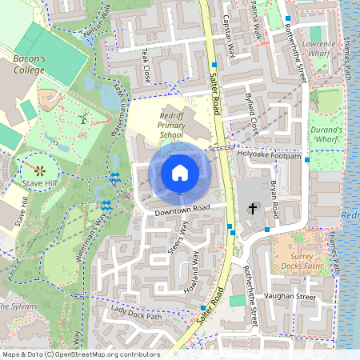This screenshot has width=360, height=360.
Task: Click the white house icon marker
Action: click(179, 173)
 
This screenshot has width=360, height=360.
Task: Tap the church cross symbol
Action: click(253, 209)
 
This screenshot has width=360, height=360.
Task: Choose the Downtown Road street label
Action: click(182, 209)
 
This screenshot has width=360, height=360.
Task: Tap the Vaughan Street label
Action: click(290, 297)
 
